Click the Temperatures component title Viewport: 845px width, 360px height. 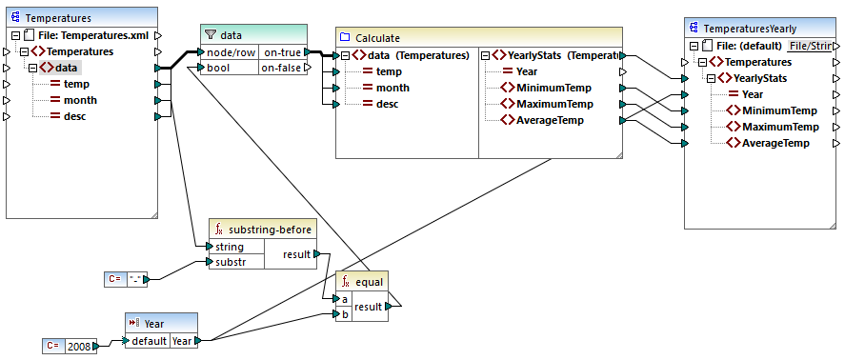(58, 17)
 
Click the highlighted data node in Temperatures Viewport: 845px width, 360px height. (66, 68)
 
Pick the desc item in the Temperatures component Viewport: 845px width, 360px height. (75, 116)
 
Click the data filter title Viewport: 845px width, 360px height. (231, 34)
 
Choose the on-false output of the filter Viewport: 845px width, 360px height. (283, 68)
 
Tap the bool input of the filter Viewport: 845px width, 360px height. (220, 68)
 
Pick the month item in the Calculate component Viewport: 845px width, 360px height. (393, 88)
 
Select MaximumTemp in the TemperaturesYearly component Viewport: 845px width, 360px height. (780, 127)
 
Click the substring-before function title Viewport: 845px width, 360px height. (270, 230)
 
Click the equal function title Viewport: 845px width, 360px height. (369, 282)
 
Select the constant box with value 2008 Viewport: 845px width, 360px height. (79, 347)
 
